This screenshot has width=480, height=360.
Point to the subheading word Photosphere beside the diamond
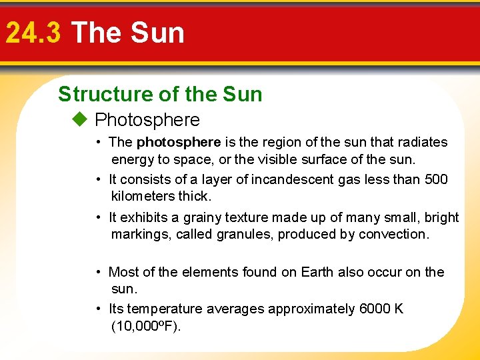147,120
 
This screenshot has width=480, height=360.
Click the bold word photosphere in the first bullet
178,142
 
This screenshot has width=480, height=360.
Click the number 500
436,179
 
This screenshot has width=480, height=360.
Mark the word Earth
317,272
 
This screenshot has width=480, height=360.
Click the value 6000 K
381,309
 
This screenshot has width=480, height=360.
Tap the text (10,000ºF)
146,326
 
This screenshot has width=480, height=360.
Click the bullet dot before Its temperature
98,309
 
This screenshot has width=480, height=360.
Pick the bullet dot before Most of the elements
98,272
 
